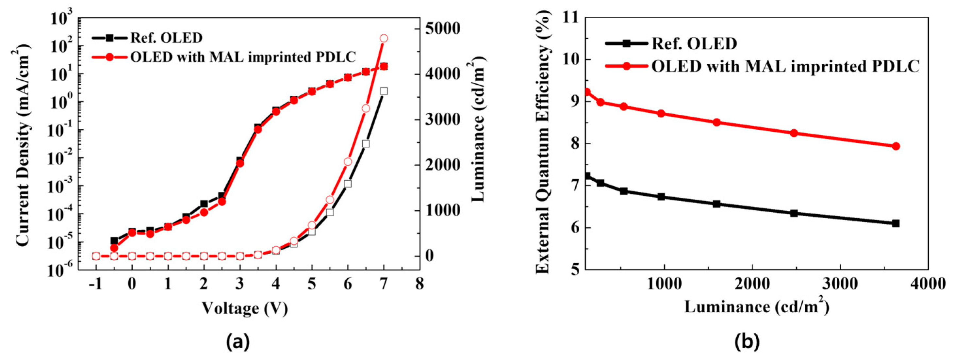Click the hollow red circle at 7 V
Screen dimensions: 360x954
384,39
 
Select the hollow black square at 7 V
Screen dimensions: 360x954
384,91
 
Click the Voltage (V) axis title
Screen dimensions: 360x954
245,308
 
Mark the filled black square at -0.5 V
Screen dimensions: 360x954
114,241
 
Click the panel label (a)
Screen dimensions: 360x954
238,341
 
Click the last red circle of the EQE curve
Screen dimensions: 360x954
896,146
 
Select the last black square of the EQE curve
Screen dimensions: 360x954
896,223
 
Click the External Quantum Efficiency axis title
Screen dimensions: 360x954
543,142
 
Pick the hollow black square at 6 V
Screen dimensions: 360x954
347,184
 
